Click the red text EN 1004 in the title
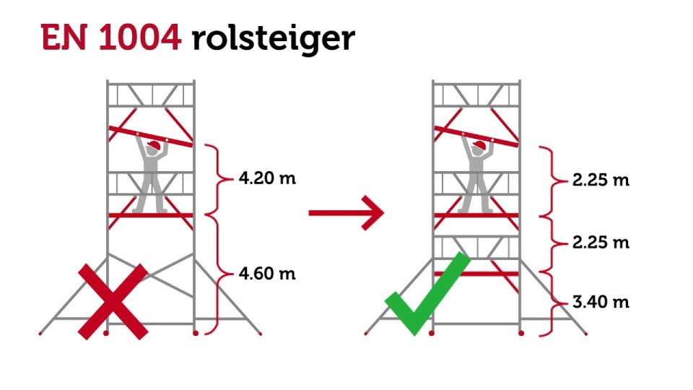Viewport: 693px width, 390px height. [x=111, y=38]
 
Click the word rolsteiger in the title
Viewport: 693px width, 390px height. [x=274, y=40]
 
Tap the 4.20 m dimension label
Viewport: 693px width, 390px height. [x=267, y=178]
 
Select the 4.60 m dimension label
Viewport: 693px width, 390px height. [x=267, y=274]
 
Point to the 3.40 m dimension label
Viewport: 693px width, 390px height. [x=601, y=302]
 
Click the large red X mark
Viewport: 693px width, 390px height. [x=113, y=302]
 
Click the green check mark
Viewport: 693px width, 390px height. [x=427, y=294]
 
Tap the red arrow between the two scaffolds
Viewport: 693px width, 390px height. [x=346, y=212]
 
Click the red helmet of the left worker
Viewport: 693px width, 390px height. [x=154, y=145]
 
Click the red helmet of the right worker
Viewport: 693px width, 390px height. [x=479, y=145]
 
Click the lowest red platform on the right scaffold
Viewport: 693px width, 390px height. [x=476, y=274]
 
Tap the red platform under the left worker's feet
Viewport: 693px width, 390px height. [x=151, y=215]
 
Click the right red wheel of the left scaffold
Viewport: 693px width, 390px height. [x=196, y=333]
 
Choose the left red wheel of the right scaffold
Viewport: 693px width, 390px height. [x=432, y=333]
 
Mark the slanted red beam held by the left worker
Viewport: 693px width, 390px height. [x=151, y=136]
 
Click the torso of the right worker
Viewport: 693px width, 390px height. [x=476, y=167]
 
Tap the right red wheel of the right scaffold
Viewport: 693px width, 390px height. [x=521, y=333]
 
